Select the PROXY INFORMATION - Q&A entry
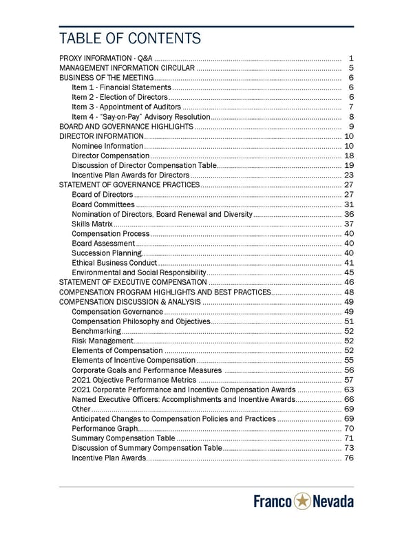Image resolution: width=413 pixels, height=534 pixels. pyautogui.click(x=107, y=58)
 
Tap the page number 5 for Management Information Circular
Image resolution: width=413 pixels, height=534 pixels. pyautogui.click(x=351, y=68)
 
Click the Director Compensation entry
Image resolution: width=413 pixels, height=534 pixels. pyautogui.click(x=109, y=156)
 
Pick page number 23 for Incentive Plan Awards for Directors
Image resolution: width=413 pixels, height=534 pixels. pyautogui.click(x=348, y=175)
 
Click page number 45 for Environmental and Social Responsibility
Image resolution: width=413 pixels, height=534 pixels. pyautogui.click(x=348, y=273)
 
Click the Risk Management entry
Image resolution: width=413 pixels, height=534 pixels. pyautogui.click(x=102, y=341)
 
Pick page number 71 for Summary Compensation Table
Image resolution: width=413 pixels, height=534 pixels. pyautogui.click(x=348, y=438)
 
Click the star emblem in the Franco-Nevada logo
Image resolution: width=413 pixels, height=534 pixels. pyautogui.click(x=302, y=502)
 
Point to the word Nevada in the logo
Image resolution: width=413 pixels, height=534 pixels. pyautogui.click(x=333, y=502)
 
